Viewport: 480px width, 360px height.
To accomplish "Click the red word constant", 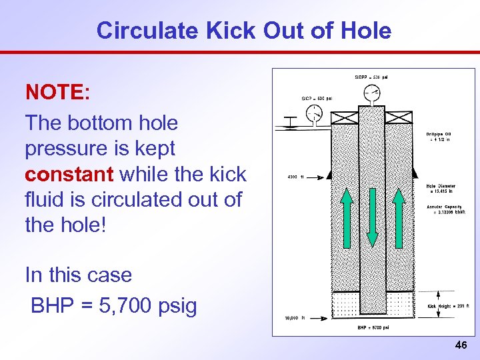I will tap(69, 175).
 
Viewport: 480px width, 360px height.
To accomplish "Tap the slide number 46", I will tap(460, 345).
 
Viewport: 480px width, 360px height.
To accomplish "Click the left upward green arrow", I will tap(347, 217).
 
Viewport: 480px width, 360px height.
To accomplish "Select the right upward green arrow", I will tap(398, 217).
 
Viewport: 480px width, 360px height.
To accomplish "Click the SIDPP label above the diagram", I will tap(371, 77).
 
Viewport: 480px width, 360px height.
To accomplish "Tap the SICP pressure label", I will tap(316, 98).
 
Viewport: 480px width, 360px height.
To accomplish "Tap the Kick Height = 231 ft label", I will tap(447, 307).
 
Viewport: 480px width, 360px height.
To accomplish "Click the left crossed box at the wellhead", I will tap(345, 117).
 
